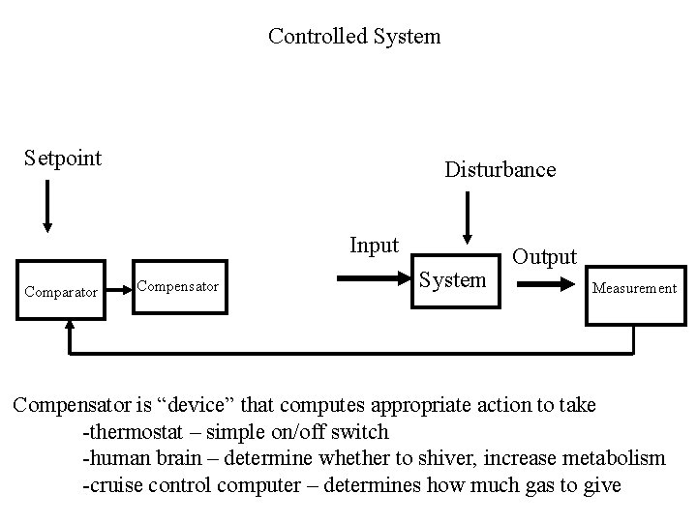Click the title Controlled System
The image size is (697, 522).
(353, 37)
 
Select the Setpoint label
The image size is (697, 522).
(63, 158)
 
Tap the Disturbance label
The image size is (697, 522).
(500, 170)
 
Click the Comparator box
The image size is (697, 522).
(61, 290)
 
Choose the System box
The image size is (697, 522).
(452, 280)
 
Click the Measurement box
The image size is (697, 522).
(634, 288)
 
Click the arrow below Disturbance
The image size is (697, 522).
(468, 217)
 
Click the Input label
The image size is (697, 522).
(374, 246)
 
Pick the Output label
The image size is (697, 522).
(544, 257)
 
